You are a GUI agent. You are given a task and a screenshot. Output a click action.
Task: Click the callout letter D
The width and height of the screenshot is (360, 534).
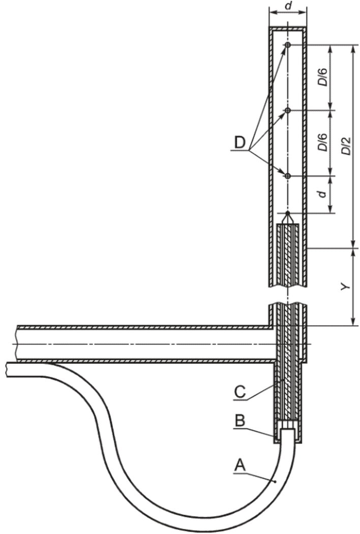pyautogui.click(x=239, y=142)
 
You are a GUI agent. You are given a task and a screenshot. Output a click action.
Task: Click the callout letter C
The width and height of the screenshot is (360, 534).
pyautogui.click(x=239, y=391)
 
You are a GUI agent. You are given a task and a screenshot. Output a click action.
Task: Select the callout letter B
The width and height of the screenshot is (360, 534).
pyautogui.click(x=239, y=421)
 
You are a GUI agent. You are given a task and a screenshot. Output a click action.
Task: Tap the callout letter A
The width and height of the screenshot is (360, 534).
pyautogui.click(x=240, y=465)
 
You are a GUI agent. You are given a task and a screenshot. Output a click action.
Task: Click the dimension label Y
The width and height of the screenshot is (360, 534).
pyautogui.click(x=345, y=287)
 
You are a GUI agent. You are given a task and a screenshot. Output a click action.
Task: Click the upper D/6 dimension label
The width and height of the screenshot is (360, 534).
pyautogui.click(x=322, y=77)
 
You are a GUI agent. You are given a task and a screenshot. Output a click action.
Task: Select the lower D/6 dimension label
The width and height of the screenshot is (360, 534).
pyautogui.click(x=322, y=142)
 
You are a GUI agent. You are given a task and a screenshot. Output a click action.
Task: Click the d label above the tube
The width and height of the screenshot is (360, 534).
pyautogui.click(x=288, y=6)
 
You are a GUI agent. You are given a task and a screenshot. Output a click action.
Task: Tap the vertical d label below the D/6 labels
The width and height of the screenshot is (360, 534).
pyautogui.click(x=322, y=194)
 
